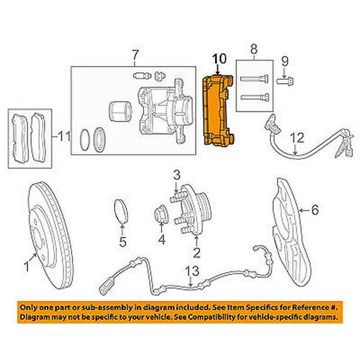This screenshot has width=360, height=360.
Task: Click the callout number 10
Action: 218,58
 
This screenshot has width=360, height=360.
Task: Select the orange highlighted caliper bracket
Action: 216,112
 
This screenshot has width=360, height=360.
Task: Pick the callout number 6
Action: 315,209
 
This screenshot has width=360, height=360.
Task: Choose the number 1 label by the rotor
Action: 26,268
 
